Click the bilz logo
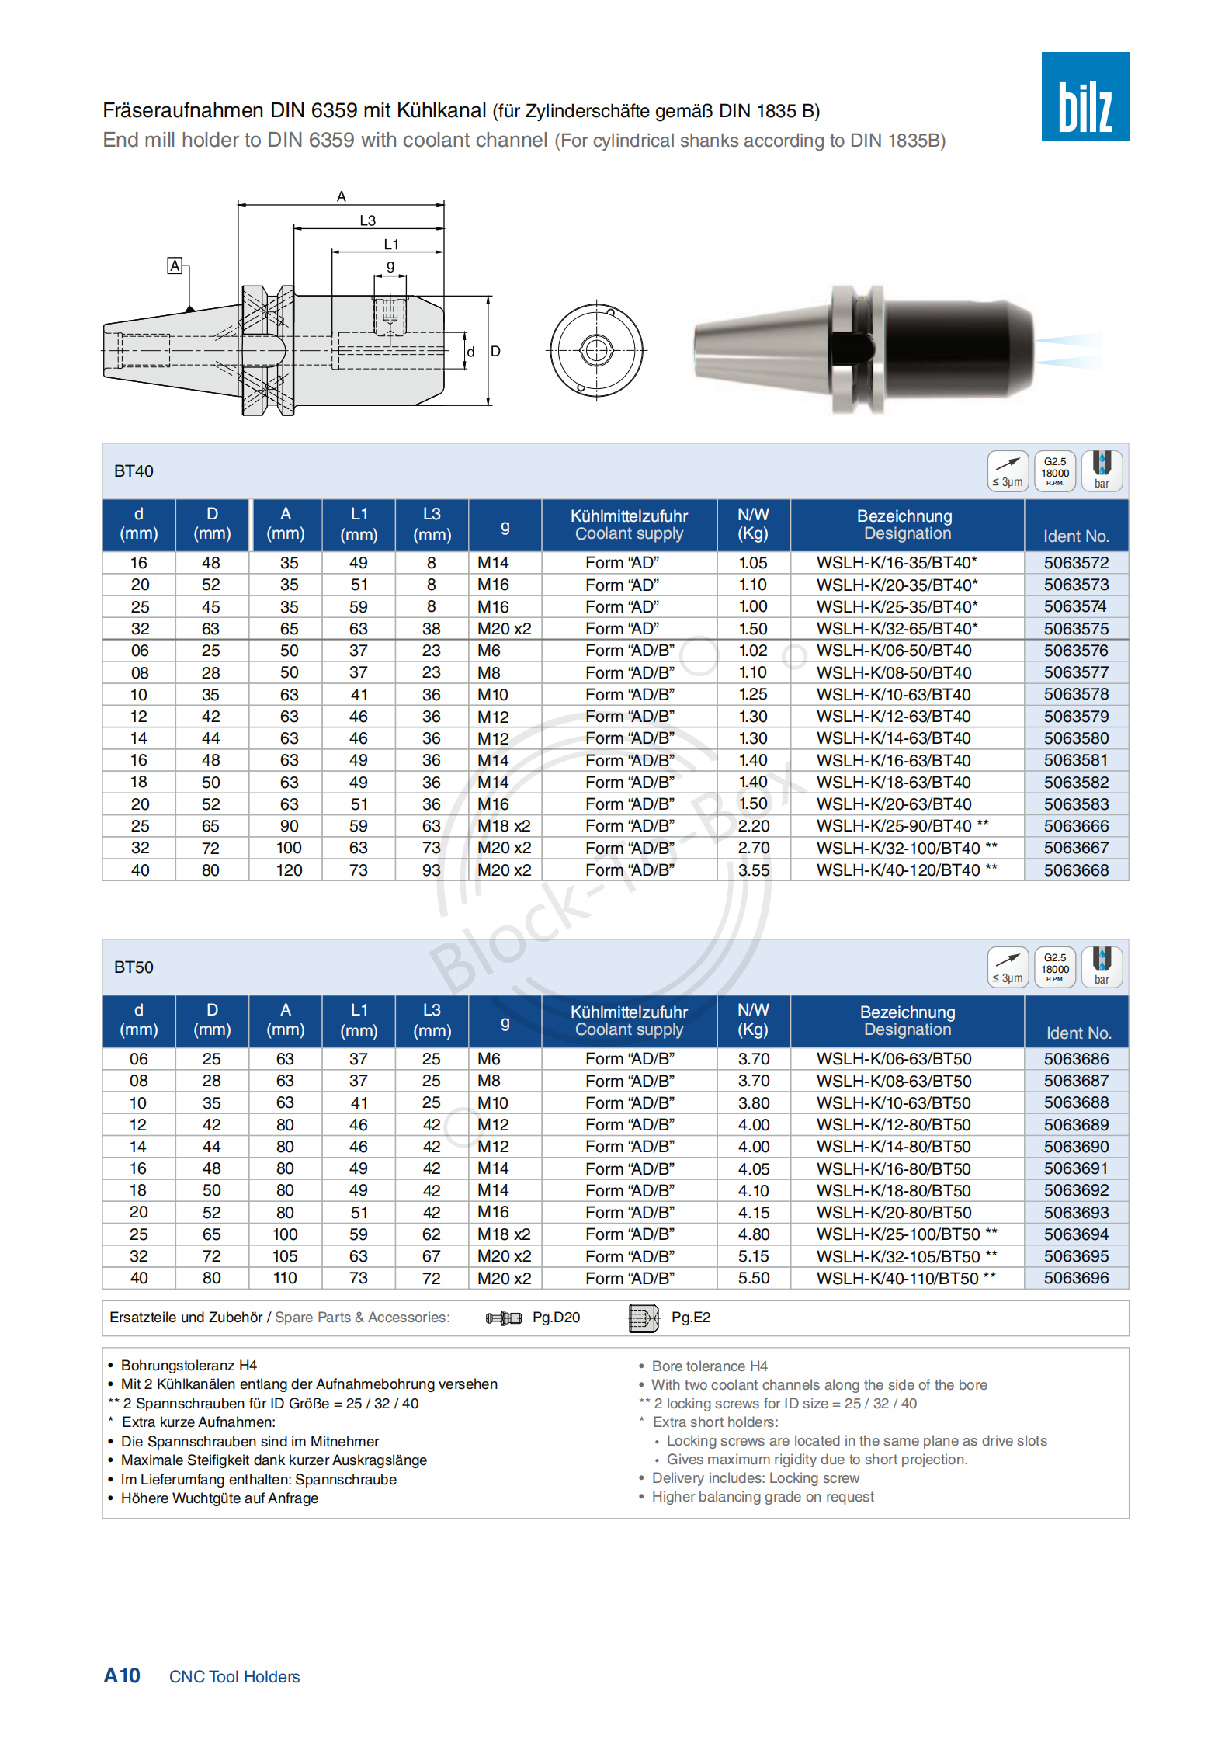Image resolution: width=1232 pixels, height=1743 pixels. (x=1085, y=96)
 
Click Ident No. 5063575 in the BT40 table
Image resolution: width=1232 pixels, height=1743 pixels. (x=1075, y=628)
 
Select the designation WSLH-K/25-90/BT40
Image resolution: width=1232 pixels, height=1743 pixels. (x=894, y=826)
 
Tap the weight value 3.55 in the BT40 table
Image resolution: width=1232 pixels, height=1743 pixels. (x=753, y=870)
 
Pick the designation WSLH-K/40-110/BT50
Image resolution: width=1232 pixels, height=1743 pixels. (x=897, y=1278)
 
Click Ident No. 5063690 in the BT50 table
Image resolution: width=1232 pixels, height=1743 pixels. (x=1075, y=1147)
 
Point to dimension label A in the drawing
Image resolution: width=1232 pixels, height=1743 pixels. (x=341, y=196)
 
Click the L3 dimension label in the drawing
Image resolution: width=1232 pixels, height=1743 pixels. (x=367, y=220)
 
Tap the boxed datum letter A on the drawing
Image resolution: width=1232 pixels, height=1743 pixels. (x=175, y=266)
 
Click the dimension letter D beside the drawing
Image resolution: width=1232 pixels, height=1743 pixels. (x=495, y=351)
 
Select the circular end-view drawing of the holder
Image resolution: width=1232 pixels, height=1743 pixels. (x=596, y=350)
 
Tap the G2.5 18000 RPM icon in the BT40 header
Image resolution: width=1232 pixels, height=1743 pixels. (x=1054, y=471)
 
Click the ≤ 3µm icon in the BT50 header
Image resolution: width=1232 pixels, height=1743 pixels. (x=1007, y=967)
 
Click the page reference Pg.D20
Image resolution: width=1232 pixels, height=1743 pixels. (x=556, y=1318)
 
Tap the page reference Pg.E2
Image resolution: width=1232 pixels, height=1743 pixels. (x=690, y=1318)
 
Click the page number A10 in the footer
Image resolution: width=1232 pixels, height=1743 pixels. (x=122, y=1675)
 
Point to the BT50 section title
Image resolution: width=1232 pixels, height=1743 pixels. (x=134, y=967)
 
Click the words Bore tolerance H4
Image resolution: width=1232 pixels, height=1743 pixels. (x=709, y=1366)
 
